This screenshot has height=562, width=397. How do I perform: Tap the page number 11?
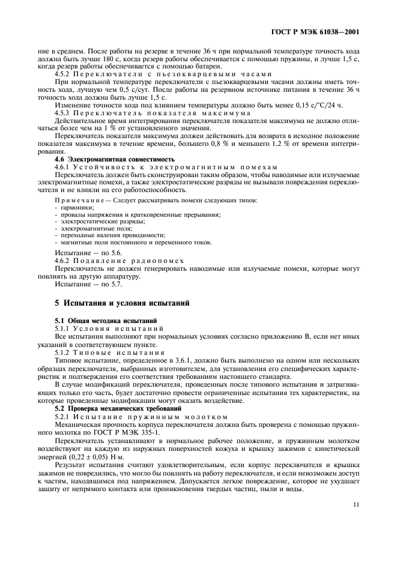[x=356, y=505]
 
